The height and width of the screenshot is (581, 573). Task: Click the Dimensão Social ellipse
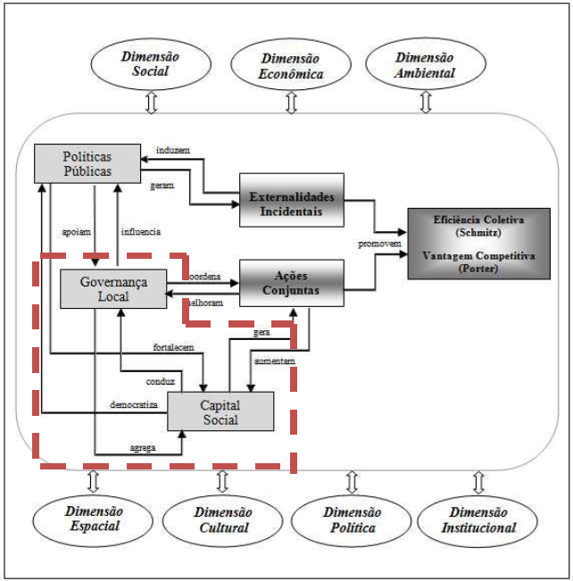click(x=150, y=63)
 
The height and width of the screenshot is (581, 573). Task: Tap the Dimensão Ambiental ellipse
click(x=425, y=63)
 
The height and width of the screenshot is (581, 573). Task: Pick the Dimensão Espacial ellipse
click(x=93, y=519)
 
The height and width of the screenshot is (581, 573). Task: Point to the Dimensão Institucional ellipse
click(x=480, y=519)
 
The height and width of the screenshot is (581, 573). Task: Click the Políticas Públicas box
click(x=87, y=162)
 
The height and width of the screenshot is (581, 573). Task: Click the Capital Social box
click(x=220, y=412)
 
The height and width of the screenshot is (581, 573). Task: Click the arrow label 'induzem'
click(x=171, y=150)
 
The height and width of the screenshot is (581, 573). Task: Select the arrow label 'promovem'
click(x=378, y=243)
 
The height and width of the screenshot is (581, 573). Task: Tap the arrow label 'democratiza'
click(x=134, y=404)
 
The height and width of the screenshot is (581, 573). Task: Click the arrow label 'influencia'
click(x=141, y=231)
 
